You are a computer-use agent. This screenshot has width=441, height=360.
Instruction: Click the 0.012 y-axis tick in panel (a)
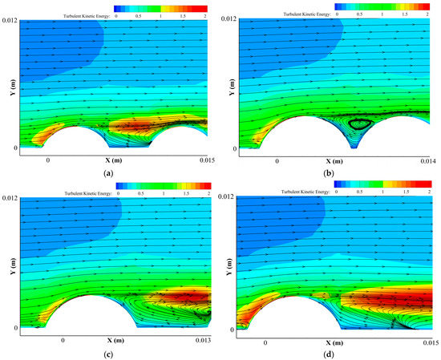point(8,19)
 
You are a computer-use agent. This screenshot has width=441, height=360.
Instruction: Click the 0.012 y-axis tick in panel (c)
point(8,197)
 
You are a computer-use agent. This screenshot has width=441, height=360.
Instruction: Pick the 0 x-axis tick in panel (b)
point(277,160)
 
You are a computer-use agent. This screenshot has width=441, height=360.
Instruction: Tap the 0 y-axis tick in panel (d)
point(232,329)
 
